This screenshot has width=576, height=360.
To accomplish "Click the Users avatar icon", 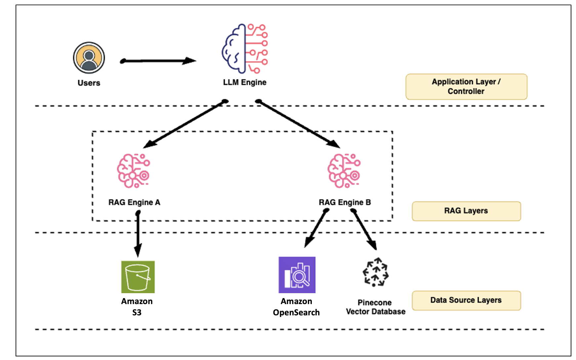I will [89, 58].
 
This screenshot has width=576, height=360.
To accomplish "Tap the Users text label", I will [89, 83].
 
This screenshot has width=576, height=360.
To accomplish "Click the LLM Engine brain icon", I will [245, 48].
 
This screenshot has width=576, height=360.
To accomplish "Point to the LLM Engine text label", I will [245, 82].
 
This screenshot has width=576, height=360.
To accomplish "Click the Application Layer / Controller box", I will [466, 86].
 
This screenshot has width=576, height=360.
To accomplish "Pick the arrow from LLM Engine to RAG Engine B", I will [298, 124].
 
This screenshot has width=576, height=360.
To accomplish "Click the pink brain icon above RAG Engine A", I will [134, 171].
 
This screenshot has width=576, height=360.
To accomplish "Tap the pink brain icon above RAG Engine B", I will [344, 171].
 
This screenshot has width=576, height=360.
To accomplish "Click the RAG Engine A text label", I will [134, 202].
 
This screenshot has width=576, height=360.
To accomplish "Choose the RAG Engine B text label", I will [345, 202].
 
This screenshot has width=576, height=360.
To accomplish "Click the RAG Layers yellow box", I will [466, 211].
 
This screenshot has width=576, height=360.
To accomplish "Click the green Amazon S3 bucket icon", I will [138, 277].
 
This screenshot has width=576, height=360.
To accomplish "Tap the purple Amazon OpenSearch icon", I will [297, 275].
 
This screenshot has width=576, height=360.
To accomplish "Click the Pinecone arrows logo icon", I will [376, 272].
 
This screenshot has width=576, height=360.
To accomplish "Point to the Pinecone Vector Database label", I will [376, 307].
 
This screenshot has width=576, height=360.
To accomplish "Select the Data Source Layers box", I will [466, 300].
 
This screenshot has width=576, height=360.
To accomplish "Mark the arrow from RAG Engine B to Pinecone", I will [364, 230].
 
